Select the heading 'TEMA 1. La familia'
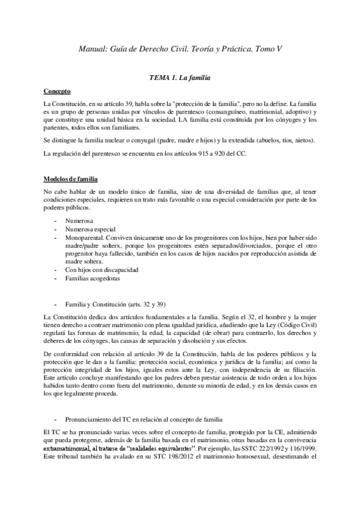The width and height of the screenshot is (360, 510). (180, 78)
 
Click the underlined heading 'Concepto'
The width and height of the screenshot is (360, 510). (58, 91)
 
